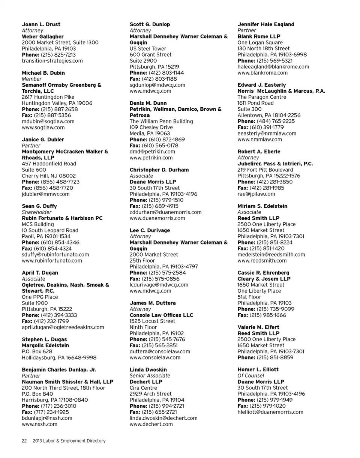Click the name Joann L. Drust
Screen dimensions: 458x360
(x=41, y=24)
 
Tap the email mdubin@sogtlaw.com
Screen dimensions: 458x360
(x=48, y=121)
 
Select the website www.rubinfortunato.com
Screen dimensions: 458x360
(x=52, y=260)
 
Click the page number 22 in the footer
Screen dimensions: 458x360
(x=24, y=441)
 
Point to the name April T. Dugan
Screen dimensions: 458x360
(x=40, y=273)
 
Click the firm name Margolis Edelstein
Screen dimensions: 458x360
(x=45, y=345)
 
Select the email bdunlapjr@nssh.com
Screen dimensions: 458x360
(x=47, y=418)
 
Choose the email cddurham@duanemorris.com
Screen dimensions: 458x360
(x=165, y=212)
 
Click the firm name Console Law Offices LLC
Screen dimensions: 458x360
(x=161, y=315)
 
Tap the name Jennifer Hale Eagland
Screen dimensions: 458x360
(x=266, y=24)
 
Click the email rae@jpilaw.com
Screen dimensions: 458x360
(x=256, y=194)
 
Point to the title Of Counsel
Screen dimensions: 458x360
(x=251, y=375)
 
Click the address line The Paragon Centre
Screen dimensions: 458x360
(x=262, y=97)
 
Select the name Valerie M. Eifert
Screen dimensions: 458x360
(x=258, y=327)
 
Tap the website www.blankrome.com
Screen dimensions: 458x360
(x=262, y=73)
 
